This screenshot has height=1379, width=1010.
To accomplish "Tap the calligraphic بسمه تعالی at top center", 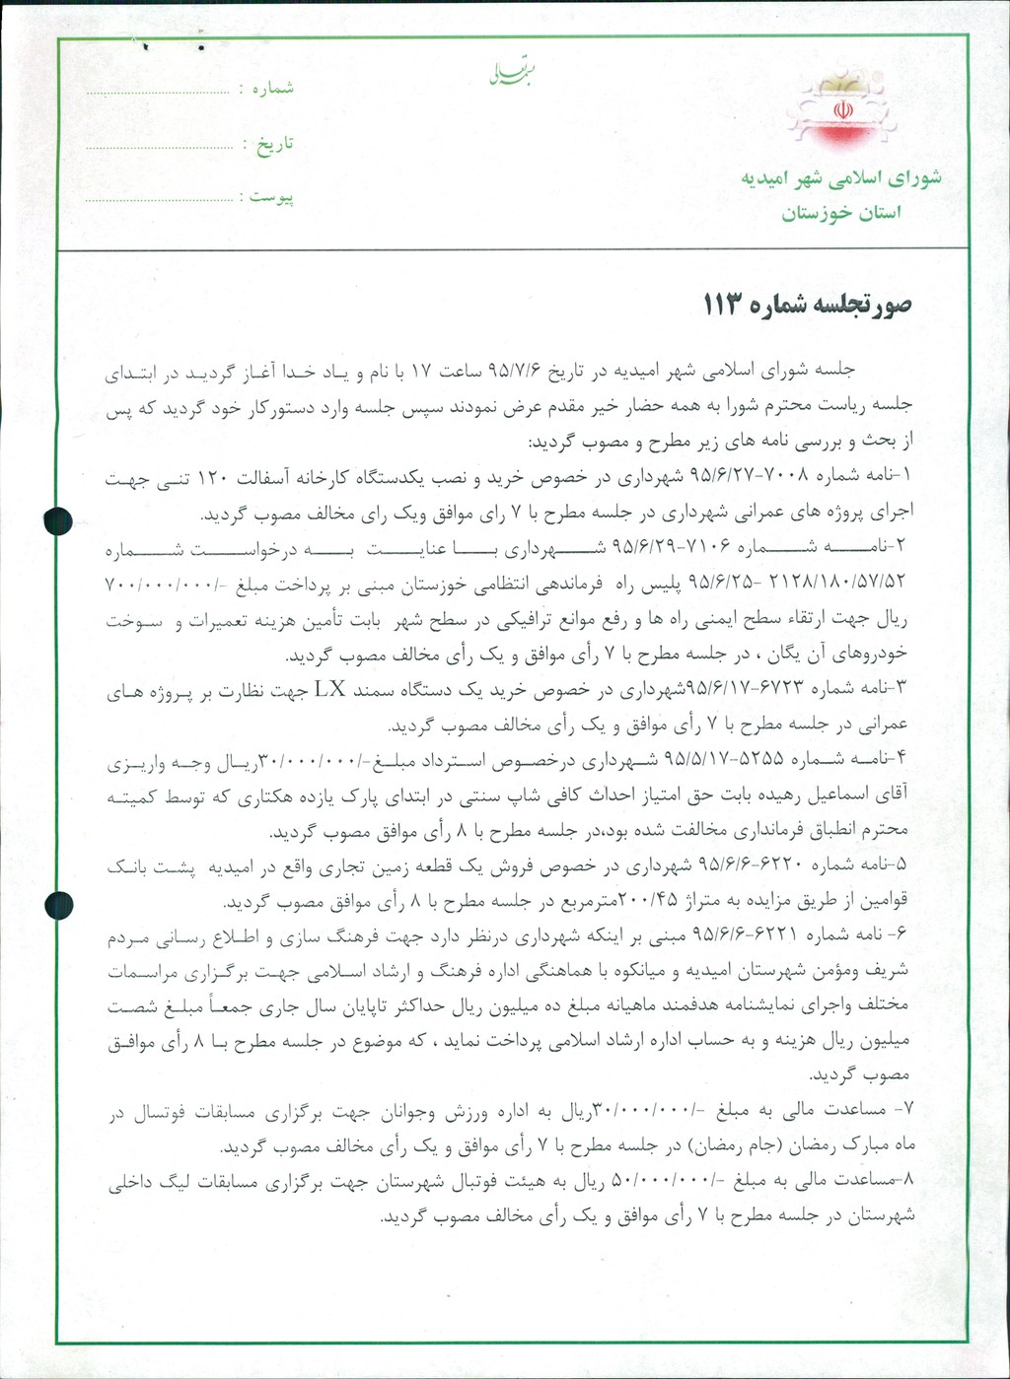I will [510, 72].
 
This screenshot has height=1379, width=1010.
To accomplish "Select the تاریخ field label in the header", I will [275, 144].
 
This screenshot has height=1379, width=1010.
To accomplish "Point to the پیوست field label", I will [271, 197].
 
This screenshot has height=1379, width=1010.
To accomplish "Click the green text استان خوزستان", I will [841, 214].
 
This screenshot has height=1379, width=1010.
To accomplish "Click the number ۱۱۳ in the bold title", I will [728, 305].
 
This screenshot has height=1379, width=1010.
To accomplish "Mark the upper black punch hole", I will [58, 519].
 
